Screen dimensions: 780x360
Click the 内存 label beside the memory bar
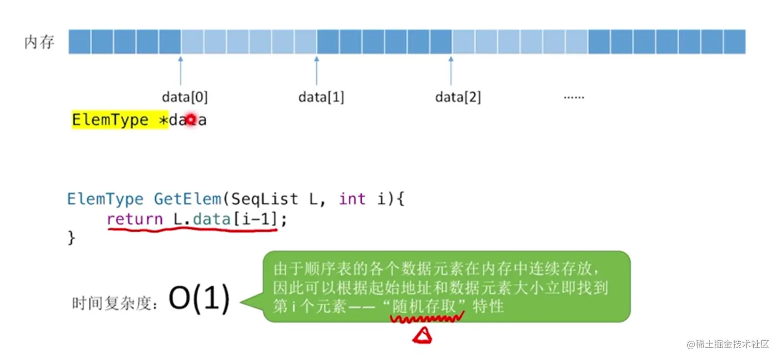[39, 42]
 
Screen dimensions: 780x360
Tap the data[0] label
[185, 97]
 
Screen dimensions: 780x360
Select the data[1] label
[321, 97]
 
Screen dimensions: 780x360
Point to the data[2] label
[458, 97]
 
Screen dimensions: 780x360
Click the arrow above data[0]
[181, 71]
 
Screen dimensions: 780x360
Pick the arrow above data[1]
[317, 71]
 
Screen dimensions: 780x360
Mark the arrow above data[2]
[451, 71]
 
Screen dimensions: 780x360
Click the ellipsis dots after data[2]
[574, 97]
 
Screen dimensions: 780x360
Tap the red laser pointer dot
[191, 120]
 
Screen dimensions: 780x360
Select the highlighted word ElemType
[110, 120]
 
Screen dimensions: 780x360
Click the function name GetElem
[187, 199]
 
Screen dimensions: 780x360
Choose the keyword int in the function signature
[352, 199]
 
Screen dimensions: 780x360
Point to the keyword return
[135, 219]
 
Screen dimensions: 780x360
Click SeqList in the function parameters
[265, 199]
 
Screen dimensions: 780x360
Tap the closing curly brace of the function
[71, 238]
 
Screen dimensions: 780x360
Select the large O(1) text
[199, 299]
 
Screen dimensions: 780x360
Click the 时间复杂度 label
[114, 303]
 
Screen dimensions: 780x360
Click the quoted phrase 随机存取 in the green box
[424, 306]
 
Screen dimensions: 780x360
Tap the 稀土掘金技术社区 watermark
[728, 345]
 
